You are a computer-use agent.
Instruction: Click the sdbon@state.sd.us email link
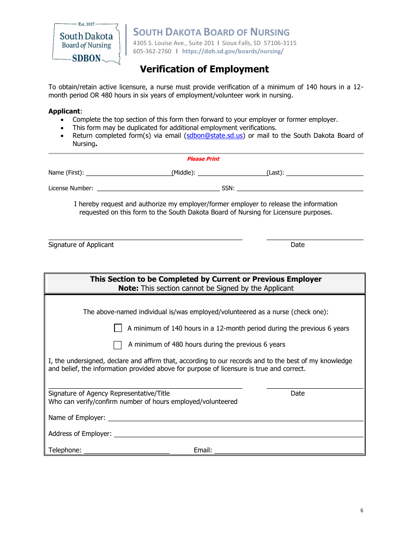215,136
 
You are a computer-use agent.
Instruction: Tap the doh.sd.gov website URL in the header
233,51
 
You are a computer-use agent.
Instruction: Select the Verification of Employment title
204,69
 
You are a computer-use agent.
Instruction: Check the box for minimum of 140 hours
118,328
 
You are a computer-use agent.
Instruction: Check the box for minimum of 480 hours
118,345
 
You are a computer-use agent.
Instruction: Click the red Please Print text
203,159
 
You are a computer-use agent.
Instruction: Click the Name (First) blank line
129,172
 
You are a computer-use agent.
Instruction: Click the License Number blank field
158,188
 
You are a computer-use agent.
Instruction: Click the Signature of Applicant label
81,245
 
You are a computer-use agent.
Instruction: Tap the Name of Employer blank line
235,418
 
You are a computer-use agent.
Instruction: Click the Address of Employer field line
238,434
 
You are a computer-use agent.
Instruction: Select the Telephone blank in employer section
127,450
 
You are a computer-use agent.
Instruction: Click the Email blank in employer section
289,450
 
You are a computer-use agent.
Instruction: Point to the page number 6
362,510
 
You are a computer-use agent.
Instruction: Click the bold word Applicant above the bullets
64,111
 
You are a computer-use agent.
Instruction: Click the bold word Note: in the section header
128,289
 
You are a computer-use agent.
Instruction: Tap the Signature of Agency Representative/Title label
109,393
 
